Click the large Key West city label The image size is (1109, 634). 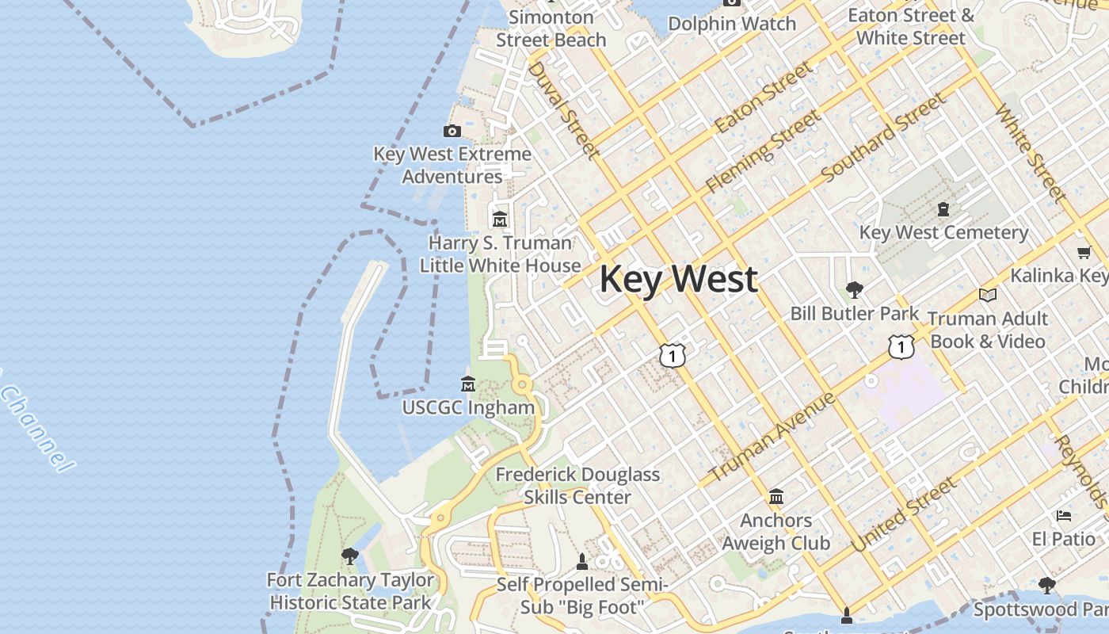[678, 280]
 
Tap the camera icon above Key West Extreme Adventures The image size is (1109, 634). [452, 131]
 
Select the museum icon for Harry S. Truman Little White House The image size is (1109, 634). [500, 219]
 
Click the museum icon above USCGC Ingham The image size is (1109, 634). [468, 384]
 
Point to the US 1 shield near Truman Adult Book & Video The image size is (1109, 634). [901, 346]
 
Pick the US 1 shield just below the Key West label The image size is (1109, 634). [672, 356]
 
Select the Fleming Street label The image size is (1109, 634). [763, 151]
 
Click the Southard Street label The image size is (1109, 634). [882, 138]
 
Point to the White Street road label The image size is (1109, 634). [1030, 151]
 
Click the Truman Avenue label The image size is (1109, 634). [772, 437]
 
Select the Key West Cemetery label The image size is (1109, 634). [943, 232]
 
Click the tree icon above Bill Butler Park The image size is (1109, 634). [854, 289]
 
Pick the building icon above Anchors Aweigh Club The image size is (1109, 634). [776, 496]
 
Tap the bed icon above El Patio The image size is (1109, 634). [1064, 516]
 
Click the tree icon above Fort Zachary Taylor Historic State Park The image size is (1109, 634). [349, 556]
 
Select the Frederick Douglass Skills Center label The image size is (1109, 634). [577, 486]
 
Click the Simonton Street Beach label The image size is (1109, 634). [551, 28]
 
